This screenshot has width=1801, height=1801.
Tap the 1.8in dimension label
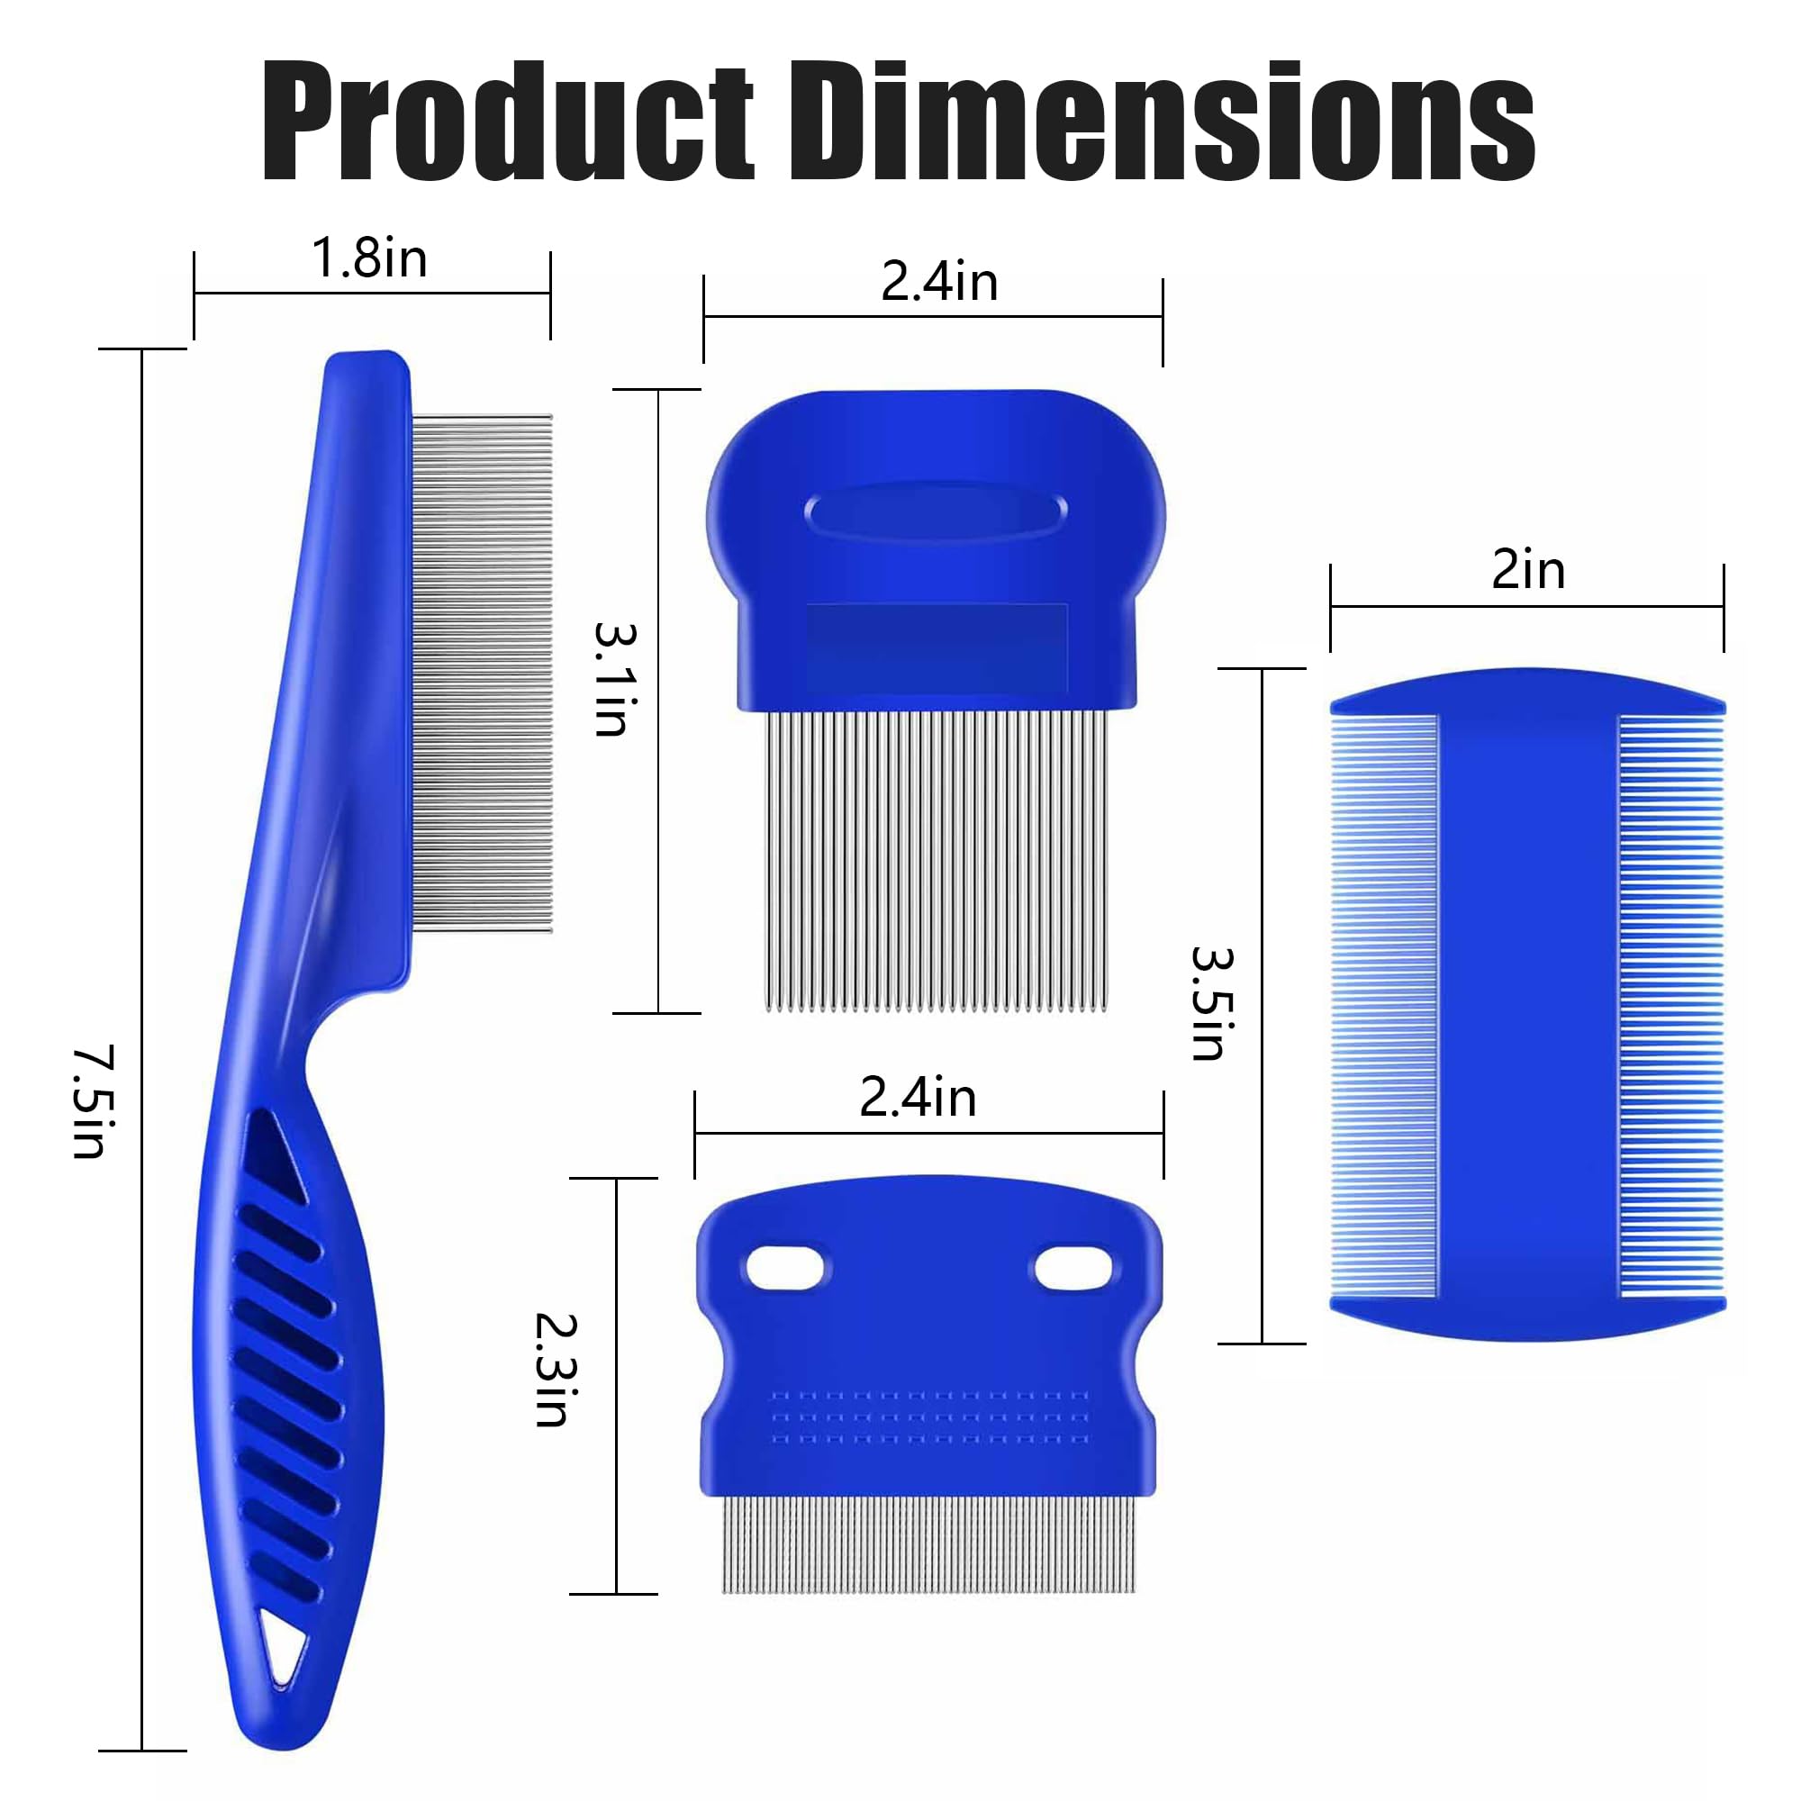pos(369,258)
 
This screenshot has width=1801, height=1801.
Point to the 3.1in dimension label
pos(615,679)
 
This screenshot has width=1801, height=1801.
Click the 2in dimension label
pos(1528,570)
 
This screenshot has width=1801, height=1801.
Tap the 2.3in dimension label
pos(556,1370)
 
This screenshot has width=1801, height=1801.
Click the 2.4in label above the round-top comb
pos(938,282)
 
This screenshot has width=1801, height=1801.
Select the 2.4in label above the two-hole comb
pos(918,1097)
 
